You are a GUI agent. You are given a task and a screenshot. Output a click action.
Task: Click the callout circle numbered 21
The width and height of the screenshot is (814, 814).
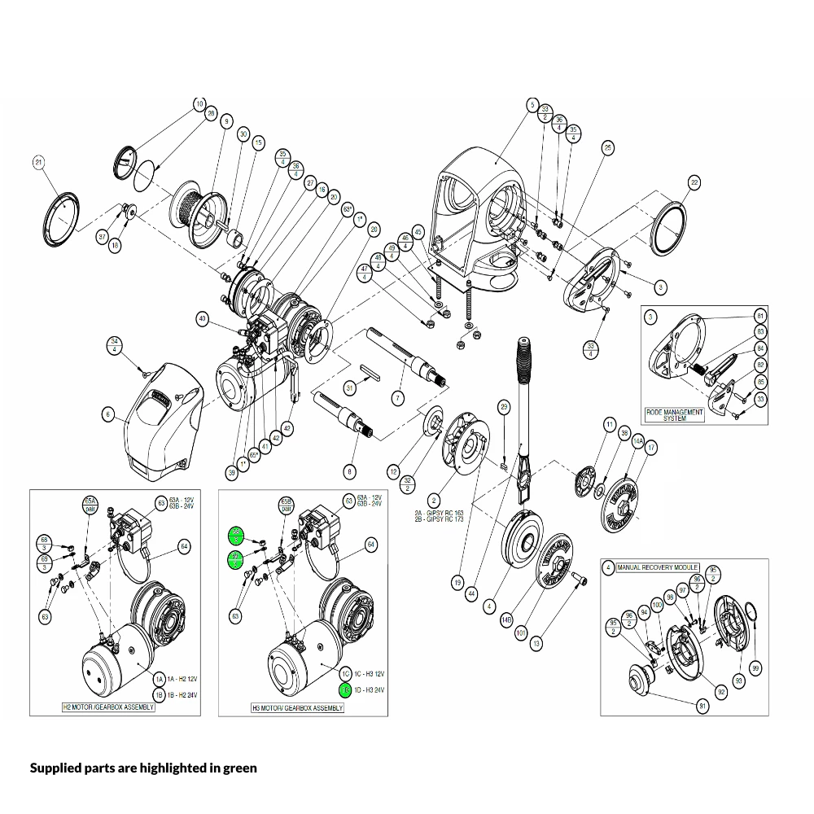pos(37,163)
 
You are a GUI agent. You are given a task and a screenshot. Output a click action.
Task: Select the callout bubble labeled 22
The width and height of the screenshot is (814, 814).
pos(694,182)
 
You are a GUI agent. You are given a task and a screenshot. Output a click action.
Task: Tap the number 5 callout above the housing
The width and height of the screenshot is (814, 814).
pos(532,105)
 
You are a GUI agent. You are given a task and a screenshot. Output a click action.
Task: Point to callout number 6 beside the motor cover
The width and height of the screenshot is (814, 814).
pos(107,414)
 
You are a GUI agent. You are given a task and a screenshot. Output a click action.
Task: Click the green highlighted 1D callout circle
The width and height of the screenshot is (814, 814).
pos(344,689)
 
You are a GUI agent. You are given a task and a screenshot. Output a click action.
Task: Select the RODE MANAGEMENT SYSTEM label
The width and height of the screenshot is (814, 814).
pos(674,414)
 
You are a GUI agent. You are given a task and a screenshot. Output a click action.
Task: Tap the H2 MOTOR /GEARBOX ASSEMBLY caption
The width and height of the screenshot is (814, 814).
pos(109,707)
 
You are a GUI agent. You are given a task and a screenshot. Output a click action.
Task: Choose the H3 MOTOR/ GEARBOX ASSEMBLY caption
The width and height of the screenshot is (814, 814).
pos(297,708)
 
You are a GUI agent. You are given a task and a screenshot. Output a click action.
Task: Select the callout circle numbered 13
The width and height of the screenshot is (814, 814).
pos(536,644)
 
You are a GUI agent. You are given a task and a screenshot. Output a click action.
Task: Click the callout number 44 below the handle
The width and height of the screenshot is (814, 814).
pos(470,595)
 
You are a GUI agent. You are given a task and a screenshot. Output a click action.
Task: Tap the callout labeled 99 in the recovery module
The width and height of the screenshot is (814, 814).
pos(756,667)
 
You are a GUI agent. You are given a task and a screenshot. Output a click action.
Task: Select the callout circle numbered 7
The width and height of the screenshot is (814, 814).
pos(397,398)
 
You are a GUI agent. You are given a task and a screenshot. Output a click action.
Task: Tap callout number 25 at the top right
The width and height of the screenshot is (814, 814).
pos(607,147)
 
